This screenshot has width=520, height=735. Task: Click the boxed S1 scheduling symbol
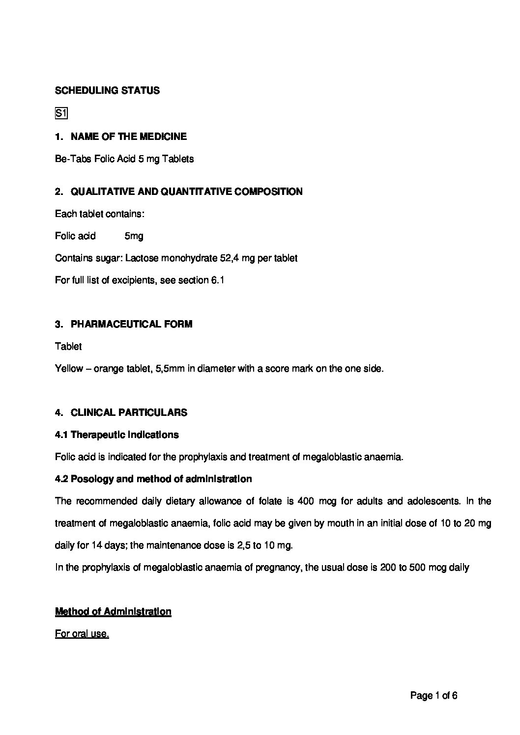pyautogui.click(x=61, y=114)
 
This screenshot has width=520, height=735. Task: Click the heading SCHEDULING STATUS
pyautogui.click(x=107, y=91)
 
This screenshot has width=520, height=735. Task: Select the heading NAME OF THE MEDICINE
pyautogui.click(x=128, y=136)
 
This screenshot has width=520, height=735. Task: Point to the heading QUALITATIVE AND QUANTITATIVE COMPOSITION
pyautogui.click(x=186, y=192)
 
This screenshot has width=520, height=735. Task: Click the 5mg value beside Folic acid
pyautogui.click(x=134, y=236)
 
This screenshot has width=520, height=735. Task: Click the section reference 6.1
pyautogui.click(x=218, y=281)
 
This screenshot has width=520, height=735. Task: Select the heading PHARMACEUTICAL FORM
pyautogui.click(x=131, y=325)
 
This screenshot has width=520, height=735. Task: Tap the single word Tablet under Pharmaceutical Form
pyautogui.click(x=68, y=347)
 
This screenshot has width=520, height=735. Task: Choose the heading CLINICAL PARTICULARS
pyautogui.click(x=129, y=413)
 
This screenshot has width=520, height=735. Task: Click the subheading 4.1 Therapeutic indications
pyautogui.click(x=117, y=435)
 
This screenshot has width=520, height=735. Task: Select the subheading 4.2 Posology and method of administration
pyautogui.click(x=153, y=479)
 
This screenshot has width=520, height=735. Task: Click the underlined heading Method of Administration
pyautogui.click(x=113, y=612)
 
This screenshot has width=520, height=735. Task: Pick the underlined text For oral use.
pyautogui.click(x=82, y=634)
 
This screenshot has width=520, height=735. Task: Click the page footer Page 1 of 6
pyautogui.click(x=434, y=696)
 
